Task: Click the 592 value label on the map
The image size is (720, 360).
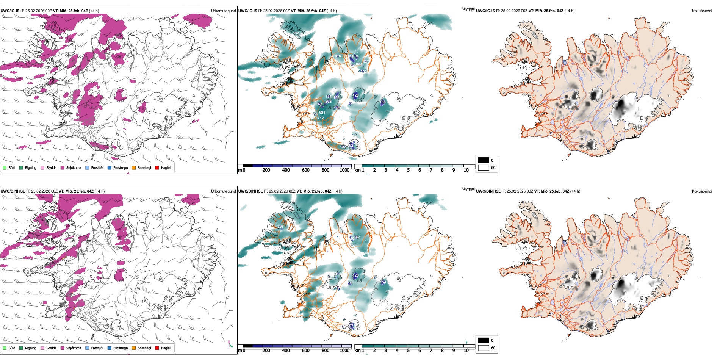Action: [296, 33]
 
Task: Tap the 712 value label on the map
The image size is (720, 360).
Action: [321, 118]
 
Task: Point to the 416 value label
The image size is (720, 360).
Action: [338, 56]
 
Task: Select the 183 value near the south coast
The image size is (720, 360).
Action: [343, 147]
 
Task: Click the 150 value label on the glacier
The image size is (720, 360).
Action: [383, 102]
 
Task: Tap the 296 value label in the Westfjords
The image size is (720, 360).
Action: [280, 227]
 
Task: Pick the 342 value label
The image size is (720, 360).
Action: [357, 237]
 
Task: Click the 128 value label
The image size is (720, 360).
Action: [355, 275]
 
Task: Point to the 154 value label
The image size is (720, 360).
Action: [383, 282]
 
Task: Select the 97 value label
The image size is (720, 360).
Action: [351, 326]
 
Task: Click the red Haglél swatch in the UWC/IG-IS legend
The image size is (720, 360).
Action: [157, 167]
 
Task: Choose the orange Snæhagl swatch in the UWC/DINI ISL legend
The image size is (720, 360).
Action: [134, 348]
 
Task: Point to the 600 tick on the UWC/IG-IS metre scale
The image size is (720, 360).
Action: [305, 170]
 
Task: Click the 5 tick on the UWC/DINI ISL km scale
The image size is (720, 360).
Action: [408, 351]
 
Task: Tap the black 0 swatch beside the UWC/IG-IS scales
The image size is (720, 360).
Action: [484, 160]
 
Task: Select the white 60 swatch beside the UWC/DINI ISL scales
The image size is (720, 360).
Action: [484, 348]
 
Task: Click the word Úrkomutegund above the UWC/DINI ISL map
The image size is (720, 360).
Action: [223, 191]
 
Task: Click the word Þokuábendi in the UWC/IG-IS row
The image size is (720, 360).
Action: [701, 11]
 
